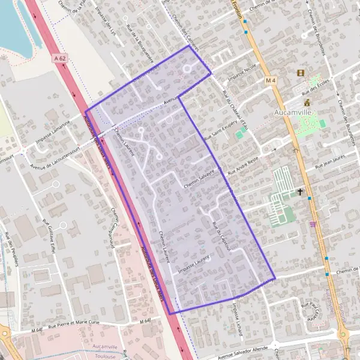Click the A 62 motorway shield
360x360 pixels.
[58, 58]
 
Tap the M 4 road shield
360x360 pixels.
[271, 80]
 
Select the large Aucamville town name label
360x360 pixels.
[294, 112]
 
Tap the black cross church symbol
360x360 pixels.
[301, 192]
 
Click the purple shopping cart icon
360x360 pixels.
[313, 224]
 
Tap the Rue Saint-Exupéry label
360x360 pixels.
[218, 129]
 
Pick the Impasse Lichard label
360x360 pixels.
[236, 314]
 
